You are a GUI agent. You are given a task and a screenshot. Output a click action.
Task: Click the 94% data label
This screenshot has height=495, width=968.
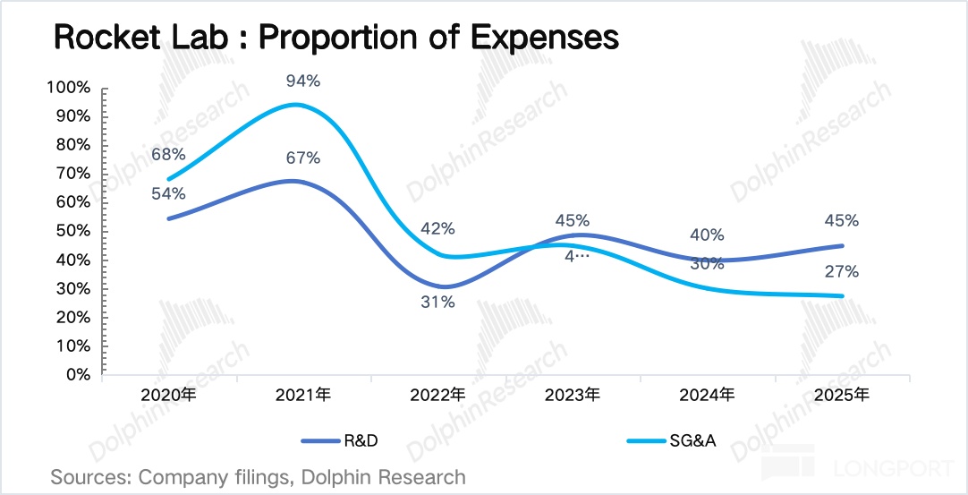303,81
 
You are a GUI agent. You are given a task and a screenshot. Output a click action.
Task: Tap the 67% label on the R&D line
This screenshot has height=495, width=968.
303,158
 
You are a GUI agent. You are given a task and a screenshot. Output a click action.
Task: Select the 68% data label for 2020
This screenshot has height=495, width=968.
168,155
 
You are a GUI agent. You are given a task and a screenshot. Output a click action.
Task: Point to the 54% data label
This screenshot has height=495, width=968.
168,193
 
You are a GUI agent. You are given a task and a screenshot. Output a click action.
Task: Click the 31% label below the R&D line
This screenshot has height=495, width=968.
438,303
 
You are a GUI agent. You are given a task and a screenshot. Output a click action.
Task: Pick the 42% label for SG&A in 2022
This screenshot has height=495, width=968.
438,229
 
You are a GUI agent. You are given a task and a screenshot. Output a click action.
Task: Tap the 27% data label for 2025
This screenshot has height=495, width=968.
842,272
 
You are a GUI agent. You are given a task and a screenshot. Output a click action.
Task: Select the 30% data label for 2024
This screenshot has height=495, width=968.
707,264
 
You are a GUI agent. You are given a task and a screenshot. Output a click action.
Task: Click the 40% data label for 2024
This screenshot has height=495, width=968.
707,235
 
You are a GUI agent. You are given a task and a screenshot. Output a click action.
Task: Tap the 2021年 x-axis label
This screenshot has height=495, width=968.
303,395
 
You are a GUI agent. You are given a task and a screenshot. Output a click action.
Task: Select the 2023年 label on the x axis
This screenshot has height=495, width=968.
573,395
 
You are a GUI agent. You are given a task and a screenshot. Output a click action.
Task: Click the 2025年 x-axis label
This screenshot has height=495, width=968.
842,395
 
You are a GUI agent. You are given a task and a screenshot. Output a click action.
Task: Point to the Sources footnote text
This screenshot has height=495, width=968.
258,477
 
